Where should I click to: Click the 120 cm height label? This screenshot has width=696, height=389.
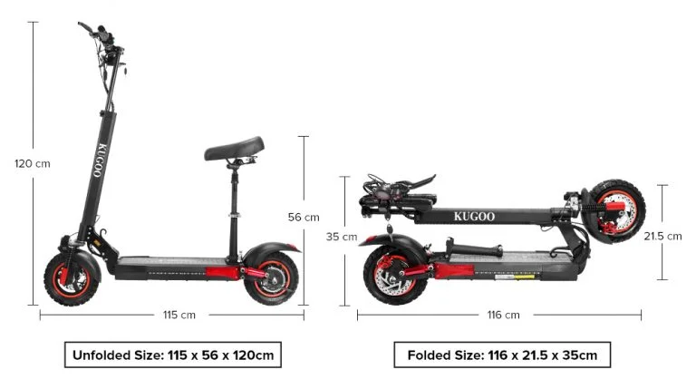coord(33,163)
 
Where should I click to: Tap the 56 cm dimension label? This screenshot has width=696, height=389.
coord(304,217)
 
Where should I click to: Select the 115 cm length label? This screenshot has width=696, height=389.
coord(179,315)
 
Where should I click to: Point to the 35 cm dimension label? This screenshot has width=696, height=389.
coord(342,237)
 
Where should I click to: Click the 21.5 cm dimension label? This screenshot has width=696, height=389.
coord(662,237)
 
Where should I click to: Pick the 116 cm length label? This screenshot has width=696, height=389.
coord(503,315)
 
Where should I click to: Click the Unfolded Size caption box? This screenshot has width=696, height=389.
coord(173,355)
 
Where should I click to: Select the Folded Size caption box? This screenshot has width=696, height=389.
coord(502,355)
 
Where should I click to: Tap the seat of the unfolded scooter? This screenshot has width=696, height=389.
coord(234,149)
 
